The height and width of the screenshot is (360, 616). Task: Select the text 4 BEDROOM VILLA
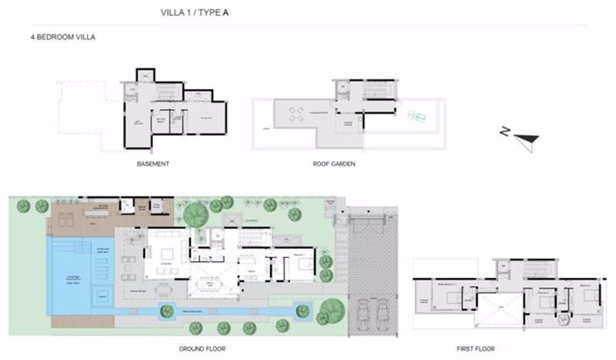pos(62,38)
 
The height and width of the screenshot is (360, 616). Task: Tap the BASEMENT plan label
pos(153,163)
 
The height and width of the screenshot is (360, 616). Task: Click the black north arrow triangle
pos(527,136)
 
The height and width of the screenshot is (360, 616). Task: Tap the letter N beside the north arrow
pos(504,132)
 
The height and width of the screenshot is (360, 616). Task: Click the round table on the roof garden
pos(294,112)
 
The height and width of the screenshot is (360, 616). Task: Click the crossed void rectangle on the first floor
pos(502,309)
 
